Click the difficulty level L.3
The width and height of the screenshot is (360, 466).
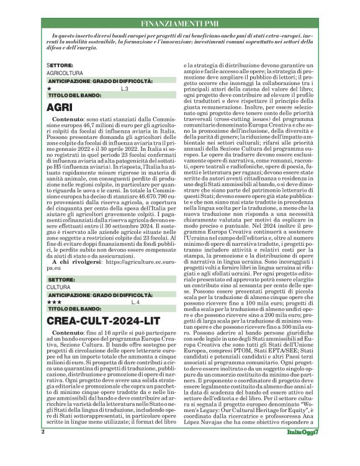coord(124,89)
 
